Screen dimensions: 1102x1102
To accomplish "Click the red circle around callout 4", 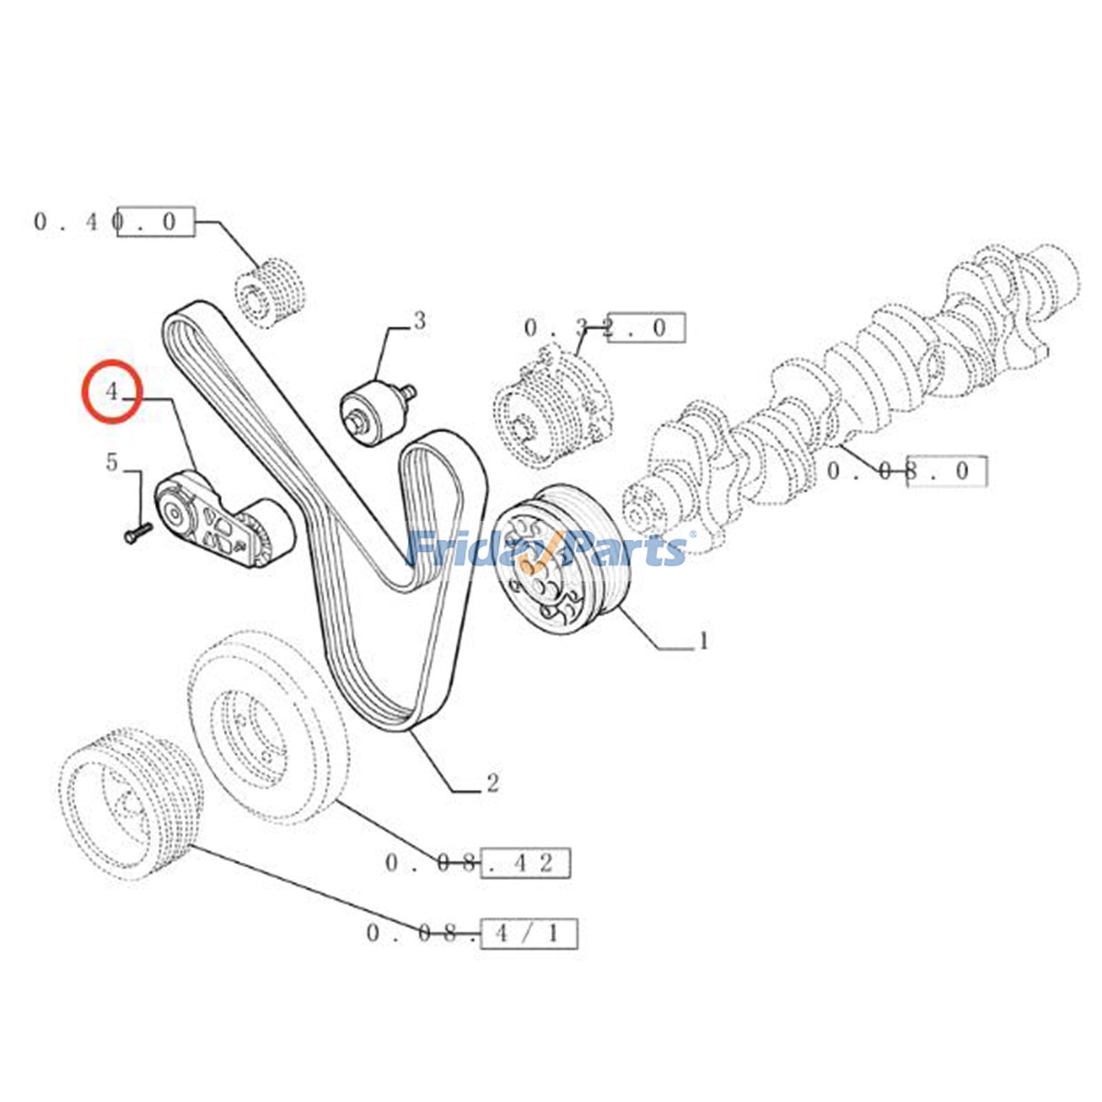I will click(112, 391).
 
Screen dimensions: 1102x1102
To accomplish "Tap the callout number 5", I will click(112, 462).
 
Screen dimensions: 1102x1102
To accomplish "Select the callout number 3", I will click(419, 321).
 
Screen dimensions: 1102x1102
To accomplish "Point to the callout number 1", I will click(703, 641).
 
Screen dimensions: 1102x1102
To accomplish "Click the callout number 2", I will click(492, 783).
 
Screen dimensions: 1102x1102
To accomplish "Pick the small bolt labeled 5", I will click(138, 531).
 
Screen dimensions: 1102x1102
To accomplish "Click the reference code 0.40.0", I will click(114, 222).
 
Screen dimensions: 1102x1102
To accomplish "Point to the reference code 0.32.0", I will click(604, 328).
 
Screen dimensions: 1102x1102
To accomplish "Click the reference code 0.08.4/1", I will click(472, 933).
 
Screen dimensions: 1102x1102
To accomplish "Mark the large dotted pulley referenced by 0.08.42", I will click(269, 727).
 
